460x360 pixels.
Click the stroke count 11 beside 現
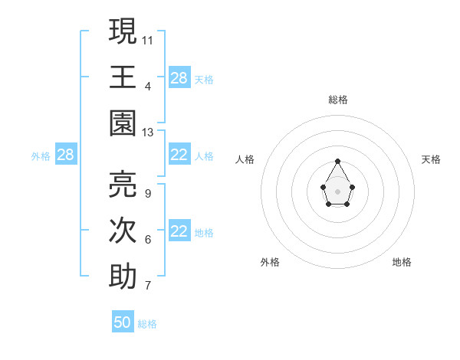[148, 40]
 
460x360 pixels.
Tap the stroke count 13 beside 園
[148, 133]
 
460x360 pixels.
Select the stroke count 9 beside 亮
[147, 194]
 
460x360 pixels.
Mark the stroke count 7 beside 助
[147, 286]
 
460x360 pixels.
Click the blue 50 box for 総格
[123, 322]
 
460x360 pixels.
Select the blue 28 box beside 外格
[65, 155]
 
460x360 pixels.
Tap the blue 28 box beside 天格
[179, 77]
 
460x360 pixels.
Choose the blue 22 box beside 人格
[179, 155]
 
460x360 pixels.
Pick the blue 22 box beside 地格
[179, 231]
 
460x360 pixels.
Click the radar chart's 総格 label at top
[337, 100]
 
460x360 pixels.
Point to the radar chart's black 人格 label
[245, 159]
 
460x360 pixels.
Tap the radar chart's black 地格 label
[402, 262]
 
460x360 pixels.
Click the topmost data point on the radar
[337, 161]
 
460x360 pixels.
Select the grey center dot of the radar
[337, 191]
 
